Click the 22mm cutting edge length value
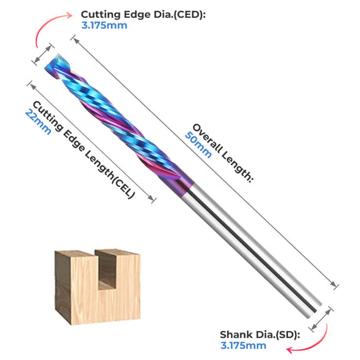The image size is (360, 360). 38,122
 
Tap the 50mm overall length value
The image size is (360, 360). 198,145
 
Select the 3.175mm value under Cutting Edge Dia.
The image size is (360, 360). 104,25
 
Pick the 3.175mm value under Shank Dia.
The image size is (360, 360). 243,345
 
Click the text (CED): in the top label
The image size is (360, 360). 189,15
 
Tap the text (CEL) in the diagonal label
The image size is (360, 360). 124,187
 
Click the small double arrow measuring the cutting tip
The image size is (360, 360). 43,54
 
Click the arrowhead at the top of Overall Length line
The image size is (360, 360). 76,41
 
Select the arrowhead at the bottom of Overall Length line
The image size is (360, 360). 333,284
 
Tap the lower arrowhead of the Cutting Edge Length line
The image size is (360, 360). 151,198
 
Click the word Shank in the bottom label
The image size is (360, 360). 232,335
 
